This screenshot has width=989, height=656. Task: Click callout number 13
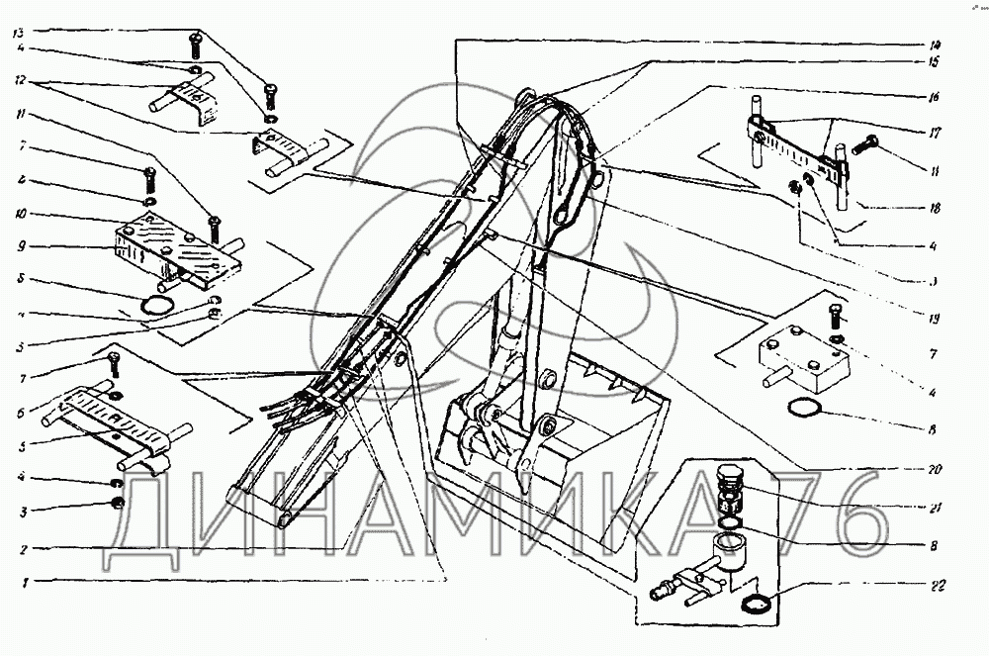click(x=19, y=33)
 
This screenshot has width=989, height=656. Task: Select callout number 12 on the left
click(x=19, y=81)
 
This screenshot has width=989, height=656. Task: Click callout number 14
click(x=935, y=44)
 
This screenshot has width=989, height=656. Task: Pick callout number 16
click(x=935, y=98)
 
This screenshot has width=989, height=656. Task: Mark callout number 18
click(x=935, y=209)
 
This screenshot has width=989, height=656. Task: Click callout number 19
click(x=935, y=319)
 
